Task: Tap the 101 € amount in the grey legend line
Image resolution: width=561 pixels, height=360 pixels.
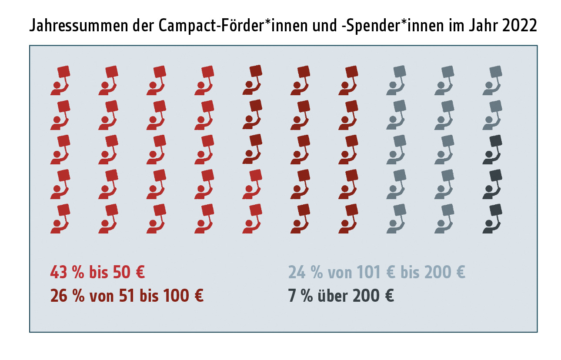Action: pyautogui.click(x=375, y=273)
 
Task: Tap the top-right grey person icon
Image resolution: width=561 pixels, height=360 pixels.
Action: pyautogui.click(x=492, y=80)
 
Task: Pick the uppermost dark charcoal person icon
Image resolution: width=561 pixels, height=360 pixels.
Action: pyautogui.click(x=492, y=150)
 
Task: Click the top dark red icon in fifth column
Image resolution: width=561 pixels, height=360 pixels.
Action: pyautogui.click(x=252, y=80)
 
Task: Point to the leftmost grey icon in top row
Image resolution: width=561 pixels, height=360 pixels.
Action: pyautogui.click(x=396, y=80)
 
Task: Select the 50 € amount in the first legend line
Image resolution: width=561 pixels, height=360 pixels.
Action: pyautogui.click(x=128, y=273)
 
